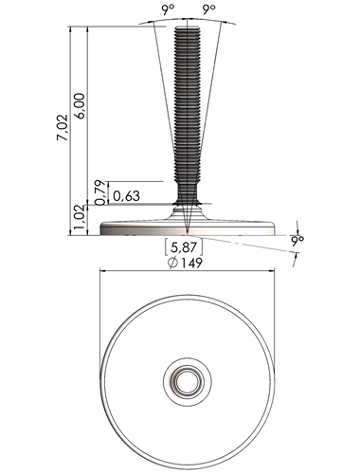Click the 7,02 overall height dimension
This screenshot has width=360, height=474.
coord(63,127)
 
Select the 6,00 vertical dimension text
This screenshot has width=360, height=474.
coord(80,106)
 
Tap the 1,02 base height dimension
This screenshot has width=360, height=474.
coord(81,220)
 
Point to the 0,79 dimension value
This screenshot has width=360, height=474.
coord(99,192)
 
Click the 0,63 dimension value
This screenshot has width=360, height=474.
coord(126,196)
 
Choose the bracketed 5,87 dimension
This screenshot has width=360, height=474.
coord(183,247)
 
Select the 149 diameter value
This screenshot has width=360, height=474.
coord(191,263)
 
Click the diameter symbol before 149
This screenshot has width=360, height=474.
coord(172,263)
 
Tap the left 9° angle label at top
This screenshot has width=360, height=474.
coord(168,10)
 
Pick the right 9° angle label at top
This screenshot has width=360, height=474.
coord(208,10)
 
